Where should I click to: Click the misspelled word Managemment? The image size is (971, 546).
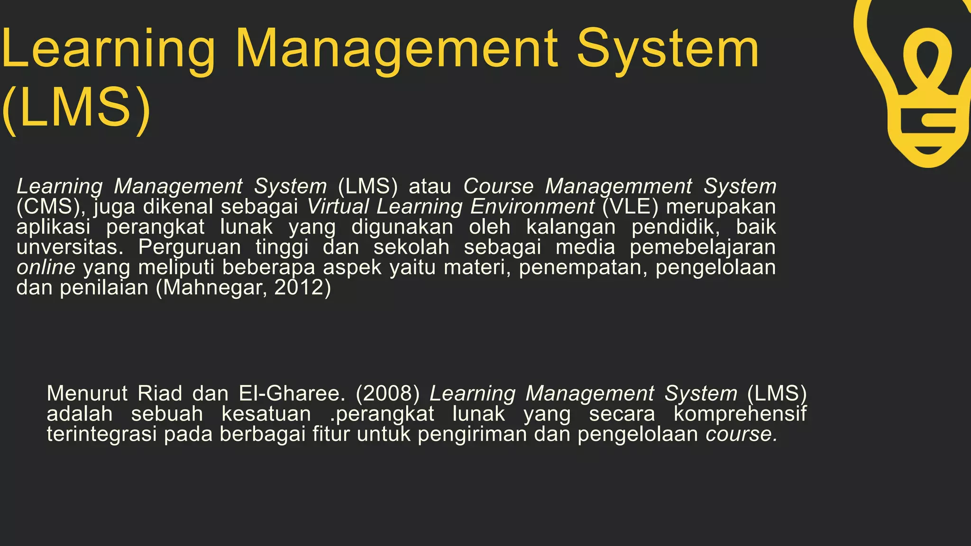click(x=618, y=186)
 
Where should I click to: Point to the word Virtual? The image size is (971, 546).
click(x=338, y=207)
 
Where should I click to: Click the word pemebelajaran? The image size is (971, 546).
click(x=703, y=247)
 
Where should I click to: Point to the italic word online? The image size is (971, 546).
click(x=46, y=267)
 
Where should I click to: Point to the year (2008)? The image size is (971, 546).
click(x=387, y=393)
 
